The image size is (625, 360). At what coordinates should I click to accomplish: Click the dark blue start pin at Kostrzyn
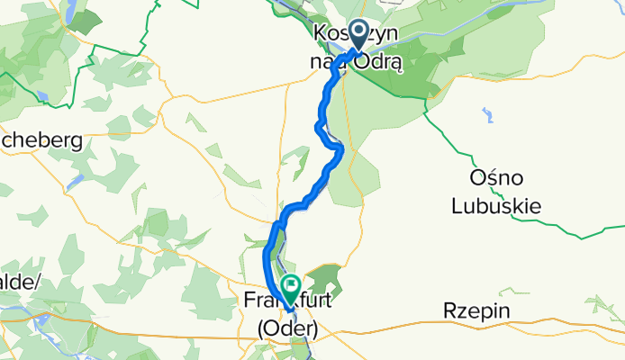click(358, 35)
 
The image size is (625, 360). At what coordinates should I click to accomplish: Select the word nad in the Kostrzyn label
click(334, 64)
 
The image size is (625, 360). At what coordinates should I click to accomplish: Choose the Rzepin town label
click(477, 311)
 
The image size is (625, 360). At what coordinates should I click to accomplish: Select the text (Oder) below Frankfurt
click(285, 329)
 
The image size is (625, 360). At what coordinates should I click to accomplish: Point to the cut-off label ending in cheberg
click(41, 140)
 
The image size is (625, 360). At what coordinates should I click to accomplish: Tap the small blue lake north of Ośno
click(487, 114)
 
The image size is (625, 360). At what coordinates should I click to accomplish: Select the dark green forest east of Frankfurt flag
click(325, 279)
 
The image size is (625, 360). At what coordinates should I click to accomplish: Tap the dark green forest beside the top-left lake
click(87, 22)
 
